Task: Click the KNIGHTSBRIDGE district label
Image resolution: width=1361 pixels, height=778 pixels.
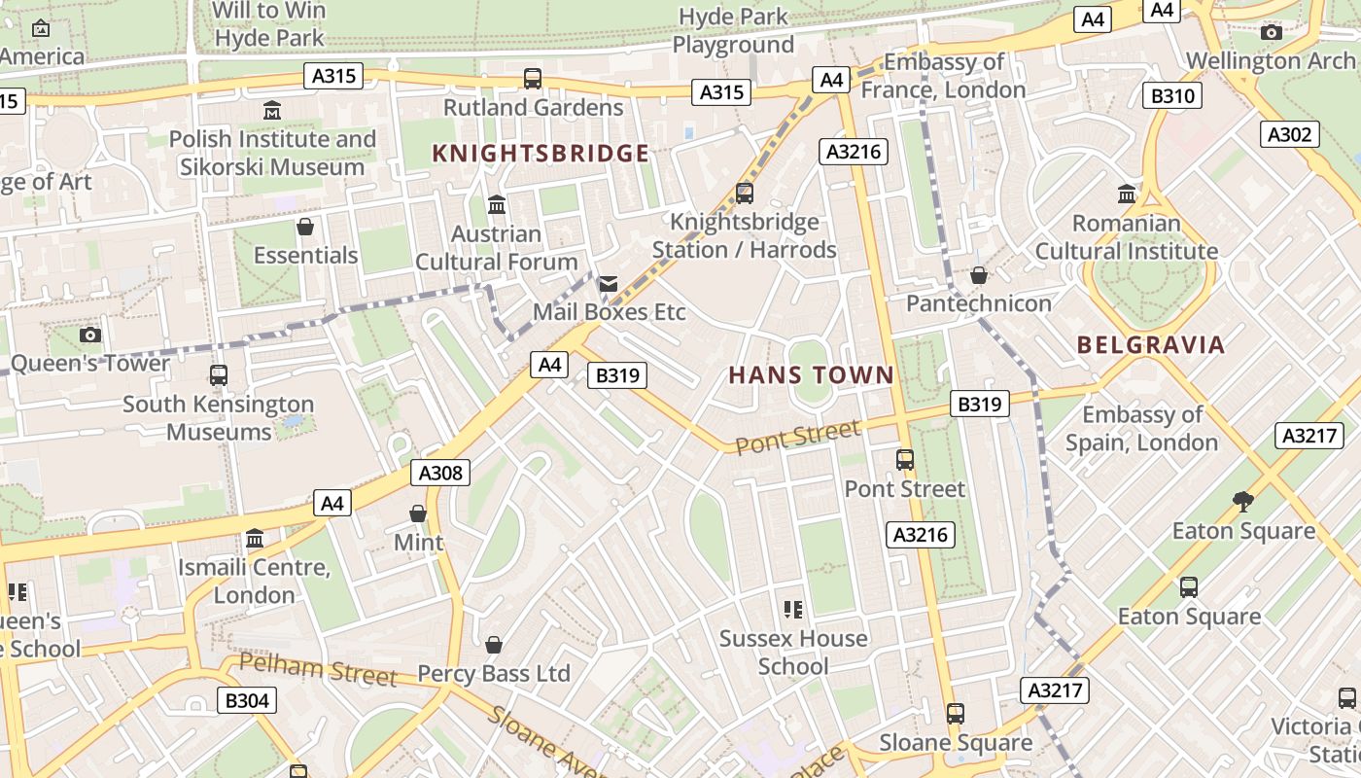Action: (541, 154)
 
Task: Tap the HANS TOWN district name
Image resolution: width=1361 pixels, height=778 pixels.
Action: (811, 375)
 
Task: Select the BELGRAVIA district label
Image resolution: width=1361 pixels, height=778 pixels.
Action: (1151, 344)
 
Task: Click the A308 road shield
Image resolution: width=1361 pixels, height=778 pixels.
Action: (440, 474)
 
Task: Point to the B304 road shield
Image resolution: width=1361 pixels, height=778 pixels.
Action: (247, 700)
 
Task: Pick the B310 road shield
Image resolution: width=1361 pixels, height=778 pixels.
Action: (1173, 96)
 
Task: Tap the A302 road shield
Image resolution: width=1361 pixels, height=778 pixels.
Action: (1290, 135)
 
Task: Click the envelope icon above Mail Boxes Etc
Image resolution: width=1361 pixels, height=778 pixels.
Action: (609, 283)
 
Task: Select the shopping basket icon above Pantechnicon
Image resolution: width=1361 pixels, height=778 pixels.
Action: (979, 275)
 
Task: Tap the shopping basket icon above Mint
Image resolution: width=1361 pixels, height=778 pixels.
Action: (418, 513)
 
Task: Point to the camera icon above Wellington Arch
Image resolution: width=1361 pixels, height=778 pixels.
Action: (1271, 33)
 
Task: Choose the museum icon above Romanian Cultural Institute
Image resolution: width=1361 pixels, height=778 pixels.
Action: (1127, 194)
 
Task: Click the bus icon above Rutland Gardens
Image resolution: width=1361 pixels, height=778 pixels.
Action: (533, 79)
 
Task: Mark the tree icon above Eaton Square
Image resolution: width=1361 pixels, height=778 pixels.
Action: (1242, 502)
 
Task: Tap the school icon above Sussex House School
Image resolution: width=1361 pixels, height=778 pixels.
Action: (793, 610)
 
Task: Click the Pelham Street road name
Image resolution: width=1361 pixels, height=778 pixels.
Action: (318, 670)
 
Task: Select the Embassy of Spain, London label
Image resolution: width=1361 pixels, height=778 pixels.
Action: (1141, 429)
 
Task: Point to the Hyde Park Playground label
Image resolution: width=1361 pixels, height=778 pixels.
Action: (733, 31)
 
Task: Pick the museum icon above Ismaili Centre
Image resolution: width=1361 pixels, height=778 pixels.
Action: (255, 539)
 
